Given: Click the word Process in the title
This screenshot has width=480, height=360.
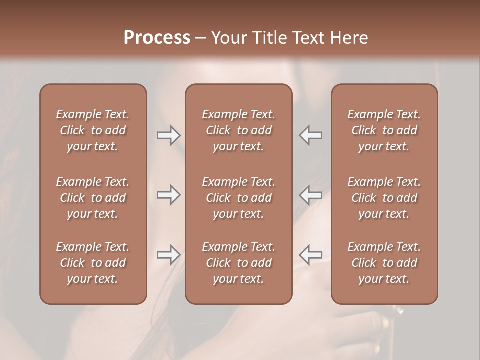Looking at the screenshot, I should pos(157,38).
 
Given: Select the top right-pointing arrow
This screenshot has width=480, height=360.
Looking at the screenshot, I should pos(168,135).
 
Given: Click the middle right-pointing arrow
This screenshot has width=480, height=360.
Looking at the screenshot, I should pos(168,195).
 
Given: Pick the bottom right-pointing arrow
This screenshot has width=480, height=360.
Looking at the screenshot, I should pos(168,255).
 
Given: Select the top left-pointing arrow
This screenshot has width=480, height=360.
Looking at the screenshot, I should pos(311,135).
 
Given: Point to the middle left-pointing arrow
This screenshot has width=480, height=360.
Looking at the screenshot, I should pos(311,195).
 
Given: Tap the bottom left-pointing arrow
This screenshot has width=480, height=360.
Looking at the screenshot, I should pos(311,255).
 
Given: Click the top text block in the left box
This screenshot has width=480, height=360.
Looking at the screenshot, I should pos(93,130).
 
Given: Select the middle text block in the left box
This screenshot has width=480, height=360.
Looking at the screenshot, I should pos(93,198).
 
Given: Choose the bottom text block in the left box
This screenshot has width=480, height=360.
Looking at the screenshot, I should pos(93,263).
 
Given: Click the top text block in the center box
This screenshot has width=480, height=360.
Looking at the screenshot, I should pos(238,130).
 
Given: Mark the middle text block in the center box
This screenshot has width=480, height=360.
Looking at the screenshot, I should pos(238,198).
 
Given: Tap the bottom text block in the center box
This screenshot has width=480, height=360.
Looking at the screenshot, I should pos(238,263).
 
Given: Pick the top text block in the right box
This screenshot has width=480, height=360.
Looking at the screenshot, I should pos(384,130).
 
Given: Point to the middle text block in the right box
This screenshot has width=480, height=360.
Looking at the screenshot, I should pos(384,198).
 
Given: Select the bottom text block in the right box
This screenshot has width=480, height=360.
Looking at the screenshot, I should pos(384,263).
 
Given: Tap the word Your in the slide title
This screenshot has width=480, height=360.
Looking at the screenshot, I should pos(227,38).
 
